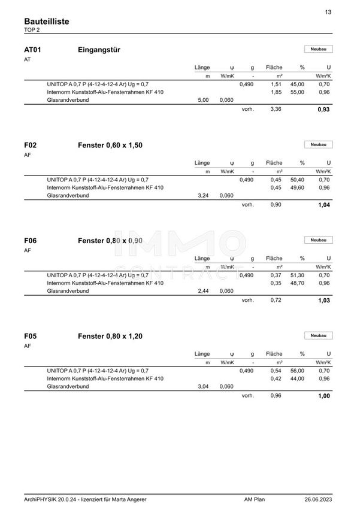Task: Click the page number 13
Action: tap(328, 12)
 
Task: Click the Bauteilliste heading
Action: tap(47, 22)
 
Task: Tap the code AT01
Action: tap(32, 50)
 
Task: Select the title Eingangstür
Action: tap(99, 50)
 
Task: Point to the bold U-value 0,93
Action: tap(323, 110)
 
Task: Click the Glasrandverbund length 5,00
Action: tap(203, 100)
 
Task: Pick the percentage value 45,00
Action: tap(298, 84)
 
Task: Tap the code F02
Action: tap(31, 145)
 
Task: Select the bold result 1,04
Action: tap(323, 205)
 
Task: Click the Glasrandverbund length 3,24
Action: tap(203, 195)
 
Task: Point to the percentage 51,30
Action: tap(298, 275)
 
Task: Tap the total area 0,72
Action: tap(276, 300)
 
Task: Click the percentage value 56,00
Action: tap(298, 371)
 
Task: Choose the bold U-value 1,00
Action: tap(323, 396)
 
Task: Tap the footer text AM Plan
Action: tap(255, 499)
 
